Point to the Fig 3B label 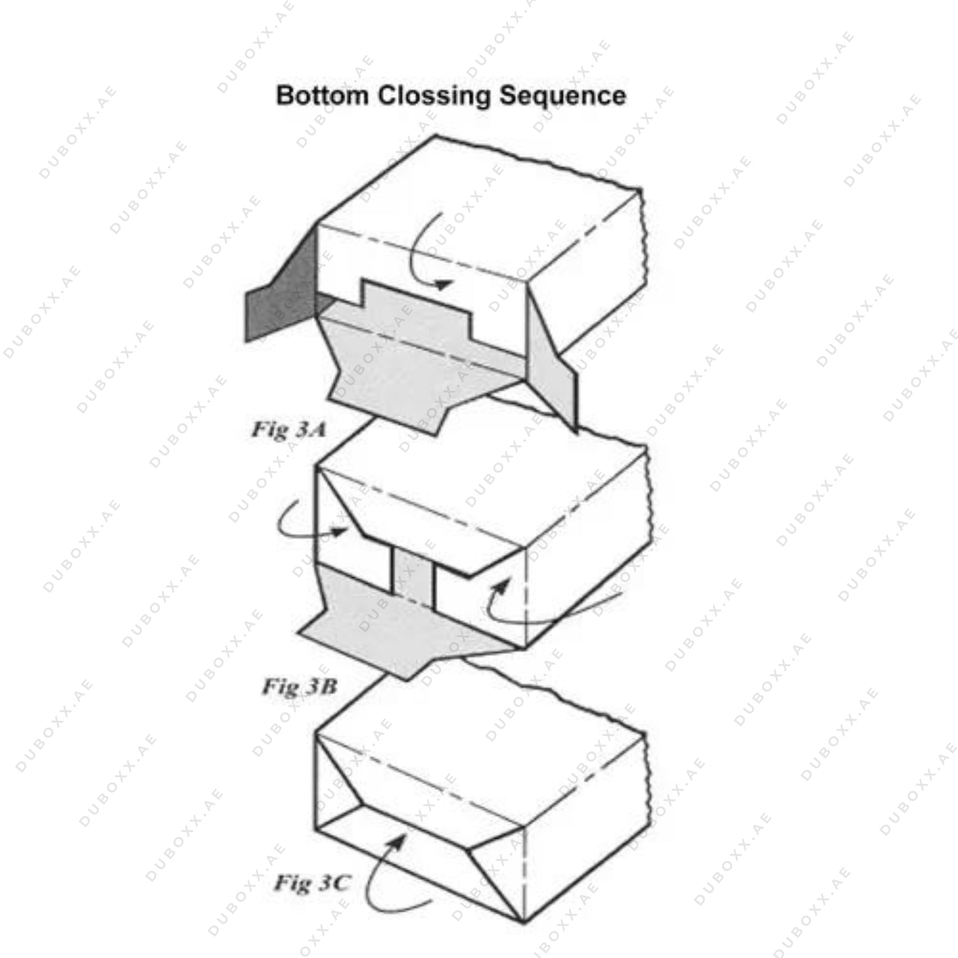(300, 686)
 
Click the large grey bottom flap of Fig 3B (392, 637)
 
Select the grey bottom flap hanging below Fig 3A (398, 380)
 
